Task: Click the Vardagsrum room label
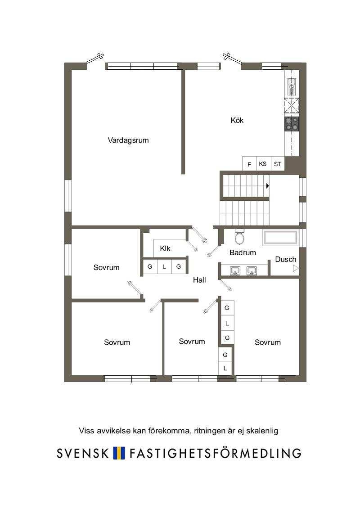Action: click(x=128, y=140)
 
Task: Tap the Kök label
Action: click(x=237, y=120)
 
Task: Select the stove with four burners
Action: click(x=292, y=124)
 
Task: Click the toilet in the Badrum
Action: click(x=239, y=237)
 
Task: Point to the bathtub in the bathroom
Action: click(x=280, y=237)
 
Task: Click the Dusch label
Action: click(x=286, y=259)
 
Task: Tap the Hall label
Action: click(x=199, y=280)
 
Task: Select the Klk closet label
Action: click(x=165, y=249)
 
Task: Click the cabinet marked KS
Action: click(x=263, y=164)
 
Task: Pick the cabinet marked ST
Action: click(x=278, y=164)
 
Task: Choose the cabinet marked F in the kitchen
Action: click(x=249, y=164)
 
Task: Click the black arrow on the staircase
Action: click(x=268, y=186)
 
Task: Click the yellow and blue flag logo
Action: click(x=119, y=453)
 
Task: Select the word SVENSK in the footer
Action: click(x=82, y=453)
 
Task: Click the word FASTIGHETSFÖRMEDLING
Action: click(x=216, y=452)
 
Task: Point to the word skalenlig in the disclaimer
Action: click(x=262, y=431)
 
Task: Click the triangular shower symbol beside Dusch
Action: click(x=295, y=268)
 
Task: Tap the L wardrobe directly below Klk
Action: click(x=164, y=267)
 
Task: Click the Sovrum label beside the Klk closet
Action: click(x=107, y=267)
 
